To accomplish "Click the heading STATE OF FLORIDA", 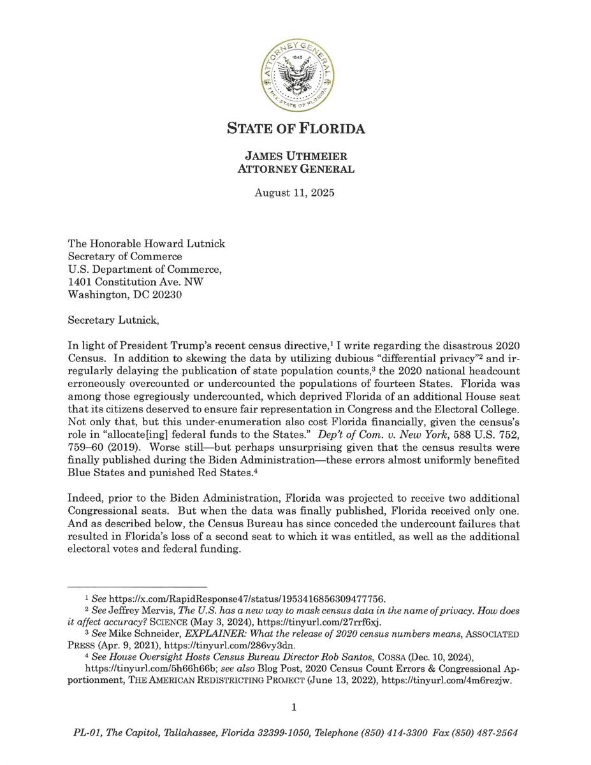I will coord(296,129).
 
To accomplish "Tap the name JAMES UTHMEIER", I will coord(296,157).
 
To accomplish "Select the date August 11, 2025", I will coord(295,192).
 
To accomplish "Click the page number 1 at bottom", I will coord(295,707).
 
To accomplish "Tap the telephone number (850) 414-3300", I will coord(394,733).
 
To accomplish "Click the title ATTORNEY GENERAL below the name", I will coord(296,170).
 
